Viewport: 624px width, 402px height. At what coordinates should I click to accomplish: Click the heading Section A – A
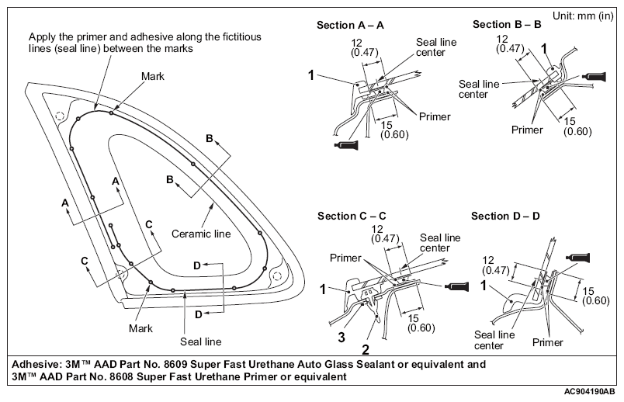(x=350, y=26)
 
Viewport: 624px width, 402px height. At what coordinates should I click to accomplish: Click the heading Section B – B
(x=507, y=25)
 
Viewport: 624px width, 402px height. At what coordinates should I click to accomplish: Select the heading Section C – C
(x=352, y=216)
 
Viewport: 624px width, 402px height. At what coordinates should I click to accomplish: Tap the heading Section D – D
(x=505, y=216)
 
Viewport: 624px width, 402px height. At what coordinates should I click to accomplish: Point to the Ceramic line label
(x=201, y=234)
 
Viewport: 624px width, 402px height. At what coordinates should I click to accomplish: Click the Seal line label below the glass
(x=200, y=341)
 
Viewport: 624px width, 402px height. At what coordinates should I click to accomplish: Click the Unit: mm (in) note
(x=583, y=16)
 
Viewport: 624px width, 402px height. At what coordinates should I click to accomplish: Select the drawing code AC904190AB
(x=589, y=392)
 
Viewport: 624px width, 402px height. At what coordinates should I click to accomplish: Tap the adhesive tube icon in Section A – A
(x=346, y=145)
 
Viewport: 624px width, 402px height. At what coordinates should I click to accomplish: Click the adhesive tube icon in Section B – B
(x=595, y=76)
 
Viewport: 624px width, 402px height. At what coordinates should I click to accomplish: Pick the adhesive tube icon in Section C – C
(x=456, y=286)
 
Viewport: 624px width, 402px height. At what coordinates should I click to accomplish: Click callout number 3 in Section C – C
(x=341, y=338)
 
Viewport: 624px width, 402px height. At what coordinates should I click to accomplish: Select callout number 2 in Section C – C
(x=366, y=349)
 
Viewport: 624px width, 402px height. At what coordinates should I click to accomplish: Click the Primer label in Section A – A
(x=435, y=116)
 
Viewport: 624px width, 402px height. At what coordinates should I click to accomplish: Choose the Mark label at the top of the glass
(x=153, y=76)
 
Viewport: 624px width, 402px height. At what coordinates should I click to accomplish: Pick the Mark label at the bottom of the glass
(x=140, y=328)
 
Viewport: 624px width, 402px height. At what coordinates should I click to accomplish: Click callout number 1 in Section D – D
(x=484, y=286)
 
